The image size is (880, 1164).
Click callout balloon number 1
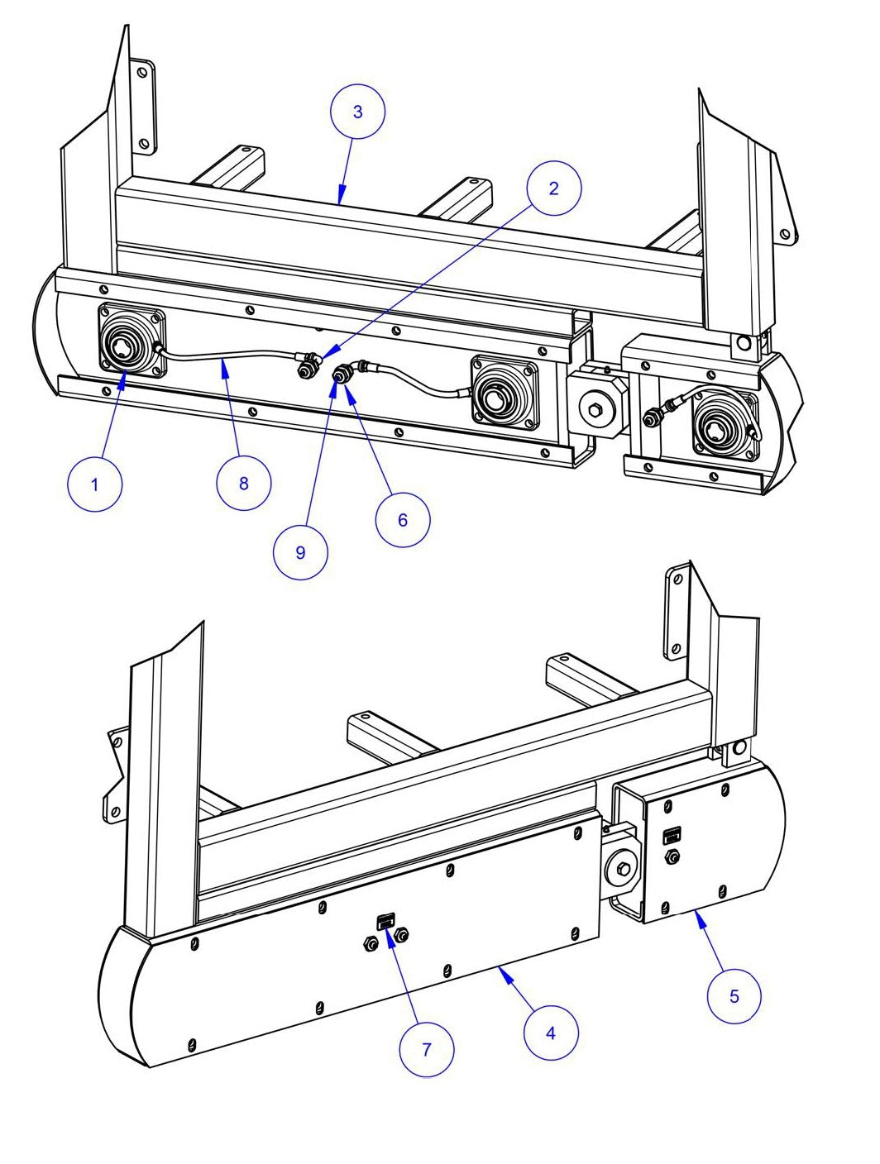click(94, 484)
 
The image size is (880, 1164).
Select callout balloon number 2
click(553, 188)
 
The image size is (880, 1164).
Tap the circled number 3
click(357, 112)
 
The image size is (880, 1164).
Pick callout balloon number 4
click(551, 1032)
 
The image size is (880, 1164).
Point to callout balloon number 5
click(734, 996)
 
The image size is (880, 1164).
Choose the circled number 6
click(403, 519)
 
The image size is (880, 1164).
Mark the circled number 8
click(243, 483)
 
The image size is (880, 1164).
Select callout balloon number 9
click(300, 552)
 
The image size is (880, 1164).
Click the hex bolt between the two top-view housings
click(594, 407)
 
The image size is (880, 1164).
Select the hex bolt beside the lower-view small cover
click(624, 868)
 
